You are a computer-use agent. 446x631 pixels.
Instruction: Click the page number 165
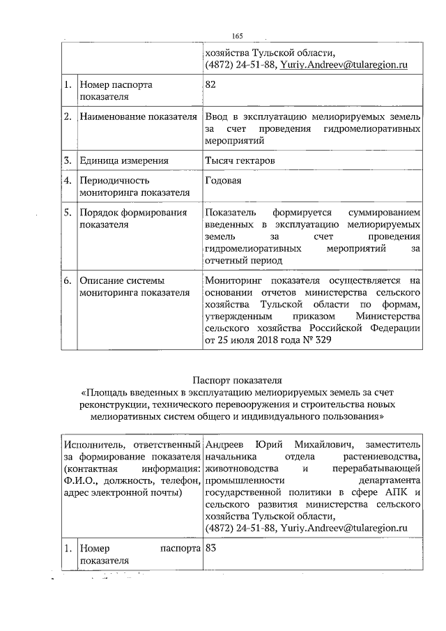pyautogui.click(x=237, y=36)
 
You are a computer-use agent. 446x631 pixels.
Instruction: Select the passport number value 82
pyautogui.click(x=211, y=84)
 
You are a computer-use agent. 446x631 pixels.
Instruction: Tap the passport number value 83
pyautogui.click(x=211, y=548)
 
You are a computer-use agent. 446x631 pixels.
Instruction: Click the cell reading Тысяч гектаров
pyautogui.click(x=240, y=160)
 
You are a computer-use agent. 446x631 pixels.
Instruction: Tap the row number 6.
pyautogui.click(x=68, y=280)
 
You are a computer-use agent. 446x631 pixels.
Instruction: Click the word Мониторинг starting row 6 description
pyautogui.click(x=236, y=280)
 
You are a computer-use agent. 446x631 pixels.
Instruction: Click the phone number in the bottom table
pyautogui.click(x=238, y=529)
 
